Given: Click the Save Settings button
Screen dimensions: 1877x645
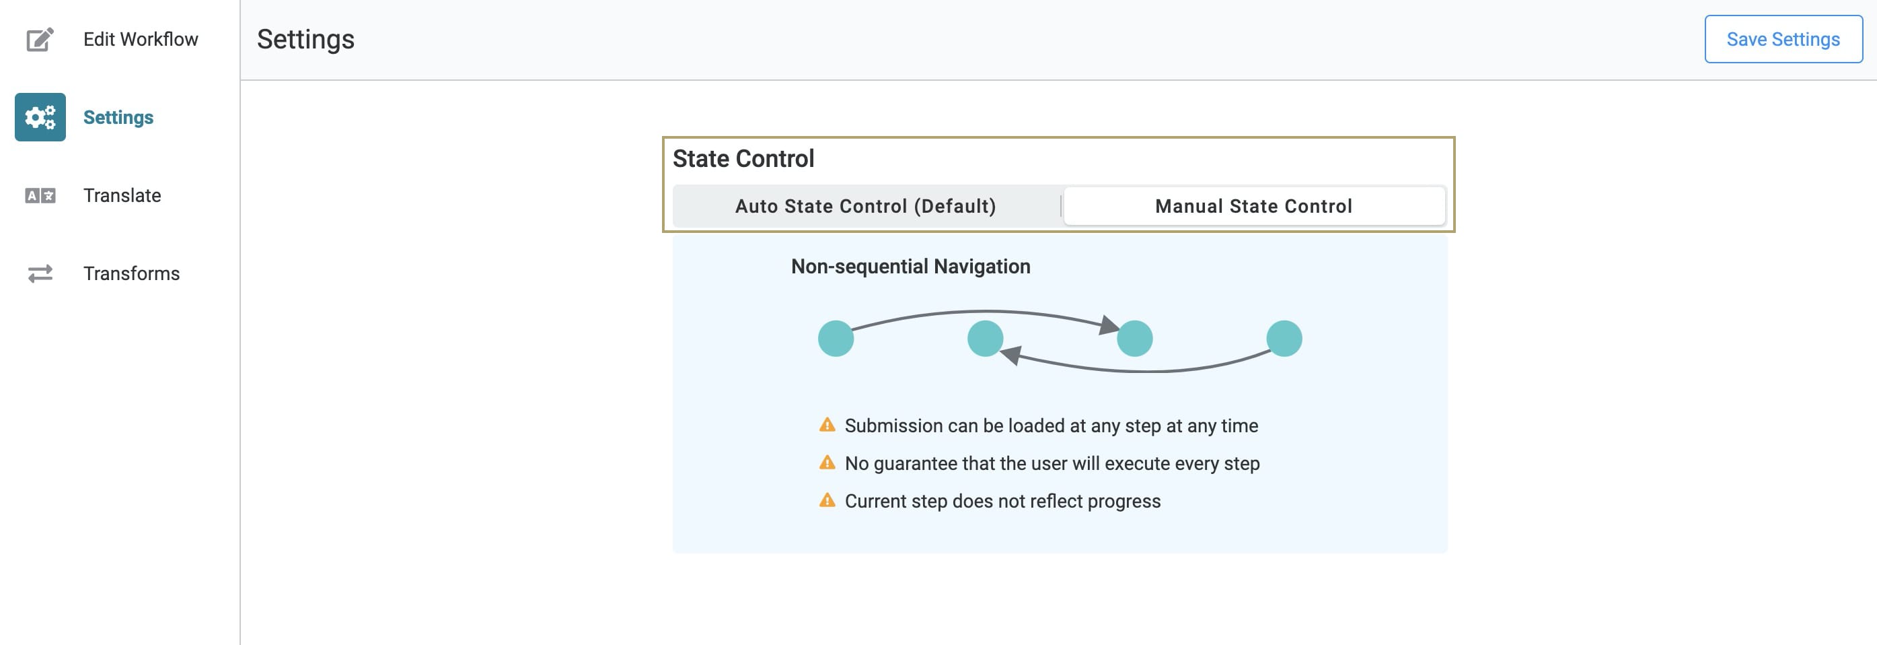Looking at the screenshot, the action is pyautogui.click(x=1783, y=39).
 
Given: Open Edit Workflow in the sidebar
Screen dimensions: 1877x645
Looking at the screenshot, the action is pyautogui.click(x=141, y=39).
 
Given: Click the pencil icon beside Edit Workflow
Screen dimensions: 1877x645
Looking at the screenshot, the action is pyautogui.click(x=40, y=39).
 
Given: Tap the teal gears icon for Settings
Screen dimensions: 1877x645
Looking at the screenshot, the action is pyautogui.click(x=40, y=117).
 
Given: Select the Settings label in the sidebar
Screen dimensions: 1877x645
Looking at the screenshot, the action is pyautogui.click(x=118, y=117).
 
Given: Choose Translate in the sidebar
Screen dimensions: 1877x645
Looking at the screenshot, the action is pyautogui.click(x=122, y=195).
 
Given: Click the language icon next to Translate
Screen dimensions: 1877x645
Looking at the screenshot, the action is pyautogui.click(x=40, y=195).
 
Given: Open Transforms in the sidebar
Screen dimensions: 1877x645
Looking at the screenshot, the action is pyautogui.click(x=131, y=273).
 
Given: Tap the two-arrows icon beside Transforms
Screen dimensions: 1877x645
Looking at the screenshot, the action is pyautogui.click(x=40, y=273).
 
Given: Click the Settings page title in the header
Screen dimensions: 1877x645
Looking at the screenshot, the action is pyautogui.click(x=305, y=39).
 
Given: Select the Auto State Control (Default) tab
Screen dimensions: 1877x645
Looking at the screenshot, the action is pyautogui.click(x=866, y=206).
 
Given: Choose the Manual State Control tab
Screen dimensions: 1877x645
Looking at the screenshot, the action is pyautogui.click(x=1254, y=206).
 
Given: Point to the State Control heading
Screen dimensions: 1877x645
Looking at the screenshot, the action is pyautogui.click(x=743, y=159).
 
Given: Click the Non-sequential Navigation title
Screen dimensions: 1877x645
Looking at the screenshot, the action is pyautogui.click(x=911, y=267).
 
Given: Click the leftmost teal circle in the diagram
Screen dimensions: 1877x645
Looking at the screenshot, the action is pyautogui.click(x=836, y=339).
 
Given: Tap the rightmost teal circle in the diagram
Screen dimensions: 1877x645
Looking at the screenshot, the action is pyautogui.click(x=1284, y=339).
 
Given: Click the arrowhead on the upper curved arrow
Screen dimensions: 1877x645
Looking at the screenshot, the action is pyautogui.click(x=1109, y=325).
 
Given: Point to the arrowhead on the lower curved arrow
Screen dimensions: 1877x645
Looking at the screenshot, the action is pyautogui.click(x=1010, y=355).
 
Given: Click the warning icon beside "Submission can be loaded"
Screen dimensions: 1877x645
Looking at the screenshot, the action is pyautogui.click(x=827, y=425).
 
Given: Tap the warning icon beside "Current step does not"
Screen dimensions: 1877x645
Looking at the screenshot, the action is pyautogui.click(x=827, y=501).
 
